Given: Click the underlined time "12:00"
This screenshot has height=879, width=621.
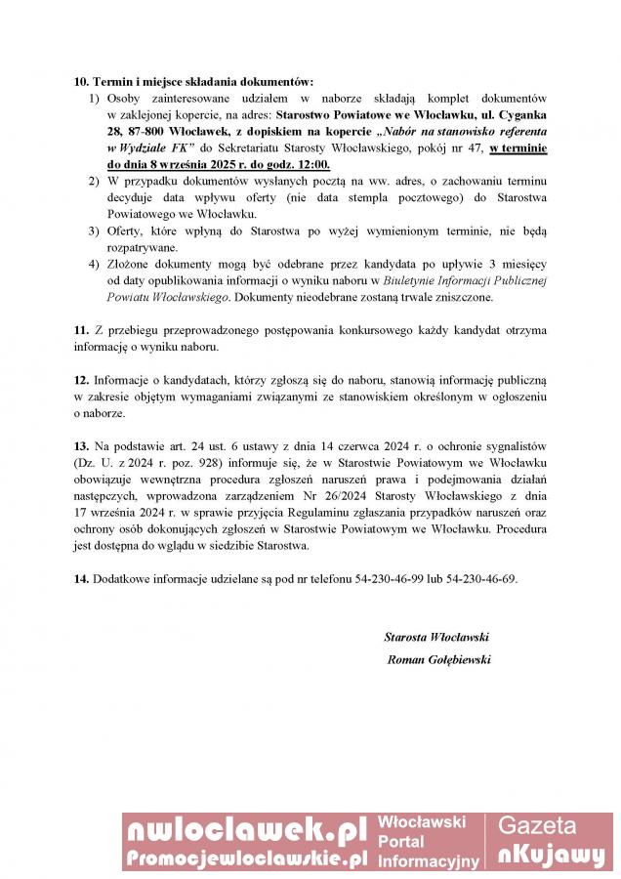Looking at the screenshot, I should click(310, 164).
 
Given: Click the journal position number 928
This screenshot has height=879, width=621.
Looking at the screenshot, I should click(214, 462).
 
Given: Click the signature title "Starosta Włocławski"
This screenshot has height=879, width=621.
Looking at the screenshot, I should click(436, 637).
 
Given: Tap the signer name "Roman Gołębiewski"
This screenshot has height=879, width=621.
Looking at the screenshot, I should click(438, 659).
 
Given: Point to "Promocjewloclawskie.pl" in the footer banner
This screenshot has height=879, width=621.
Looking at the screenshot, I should click(246, 858).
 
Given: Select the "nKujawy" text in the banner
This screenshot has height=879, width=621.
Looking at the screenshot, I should click(551, 856).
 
